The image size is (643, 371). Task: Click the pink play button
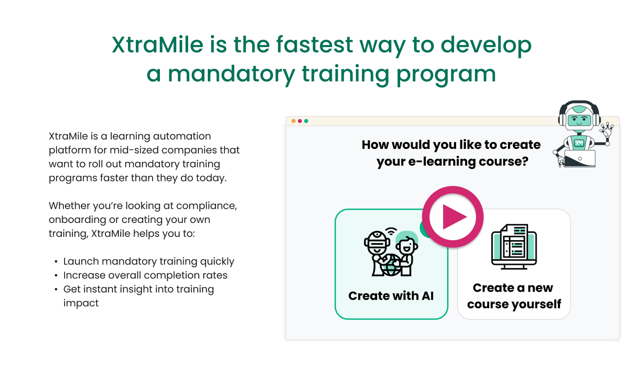tap(453, 217)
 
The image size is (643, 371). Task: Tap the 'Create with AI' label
tap(391, 296)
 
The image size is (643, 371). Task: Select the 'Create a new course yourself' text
tap(513, 296)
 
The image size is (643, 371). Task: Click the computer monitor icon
tap(514, 246)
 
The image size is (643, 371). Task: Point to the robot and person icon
tap(391, 252)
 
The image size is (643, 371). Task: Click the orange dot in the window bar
tap(293, 121)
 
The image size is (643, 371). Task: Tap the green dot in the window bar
tap(306, 121)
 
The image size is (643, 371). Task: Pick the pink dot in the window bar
tap(300, 121)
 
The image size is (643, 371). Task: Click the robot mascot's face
tap(579, 119)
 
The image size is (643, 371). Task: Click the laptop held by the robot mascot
tap(580, 159)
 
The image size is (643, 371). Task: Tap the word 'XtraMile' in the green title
tap(157, 45)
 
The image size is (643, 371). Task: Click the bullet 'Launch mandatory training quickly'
tap(148, 261)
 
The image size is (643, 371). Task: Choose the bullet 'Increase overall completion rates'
tap(145, 275)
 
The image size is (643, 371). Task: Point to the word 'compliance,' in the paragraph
tap(206, 206)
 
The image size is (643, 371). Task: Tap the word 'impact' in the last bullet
tap(81, 303)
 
